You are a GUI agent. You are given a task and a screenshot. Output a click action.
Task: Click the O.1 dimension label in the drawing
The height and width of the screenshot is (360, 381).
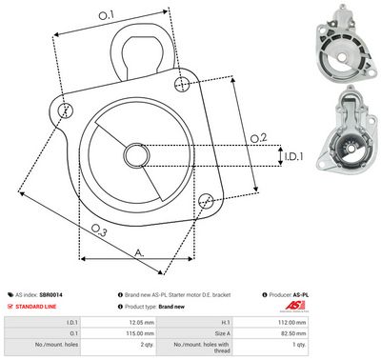tap(106, 14)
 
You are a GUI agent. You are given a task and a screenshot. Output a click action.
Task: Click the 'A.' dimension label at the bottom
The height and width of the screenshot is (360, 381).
tap(139, 252)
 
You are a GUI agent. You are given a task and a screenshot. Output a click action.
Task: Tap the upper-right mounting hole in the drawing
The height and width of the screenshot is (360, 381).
tap(183, 86)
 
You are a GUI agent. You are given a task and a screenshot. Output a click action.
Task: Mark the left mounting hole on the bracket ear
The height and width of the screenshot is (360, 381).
tap(64, 110)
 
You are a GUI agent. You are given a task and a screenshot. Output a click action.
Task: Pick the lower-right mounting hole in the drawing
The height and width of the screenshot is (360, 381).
tap(206, 199)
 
